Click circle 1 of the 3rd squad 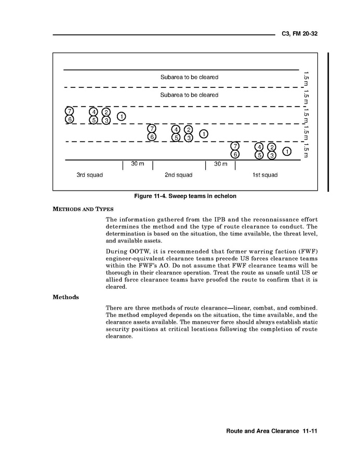(x=121, y=116)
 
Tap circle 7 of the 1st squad (x=235, y=146)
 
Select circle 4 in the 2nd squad (x=176, y=129)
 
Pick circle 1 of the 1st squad (x=286, y=151)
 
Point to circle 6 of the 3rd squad (x=69, y=119)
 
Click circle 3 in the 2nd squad (x=189, y=138)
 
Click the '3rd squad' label (x=90, y=175)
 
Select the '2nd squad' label (x=178, y=175)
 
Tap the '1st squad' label (x=265, y=175)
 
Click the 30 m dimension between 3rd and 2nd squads (x=137, y=164)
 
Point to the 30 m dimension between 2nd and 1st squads (x=221, y=164)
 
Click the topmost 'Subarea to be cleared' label (x=189, y=77)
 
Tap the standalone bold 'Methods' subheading (x=66, y=298)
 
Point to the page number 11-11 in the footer (x=308, y=431)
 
